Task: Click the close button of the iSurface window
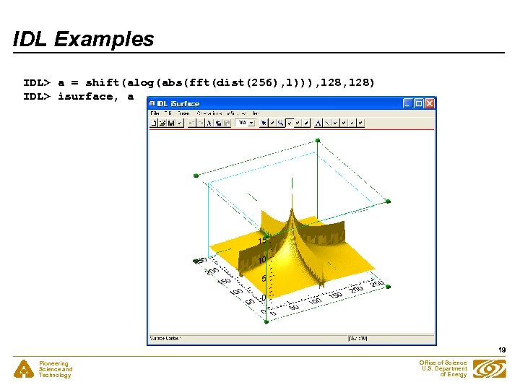(430, 103)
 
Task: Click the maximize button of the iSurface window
(419, 103)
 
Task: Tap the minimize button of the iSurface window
(408, 103)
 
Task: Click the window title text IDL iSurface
(178, 104)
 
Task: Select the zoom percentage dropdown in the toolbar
(245, 123)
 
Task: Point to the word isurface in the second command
(85, 96)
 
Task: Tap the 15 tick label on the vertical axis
(262, 240)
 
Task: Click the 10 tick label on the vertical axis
(263, 259)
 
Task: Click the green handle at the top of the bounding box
(317, 139)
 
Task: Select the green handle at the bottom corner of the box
(265, 321)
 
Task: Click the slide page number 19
(501, 350)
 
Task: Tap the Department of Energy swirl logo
(489, 369)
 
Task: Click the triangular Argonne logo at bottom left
(23, 369)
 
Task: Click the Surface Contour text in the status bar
(165, 337)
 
